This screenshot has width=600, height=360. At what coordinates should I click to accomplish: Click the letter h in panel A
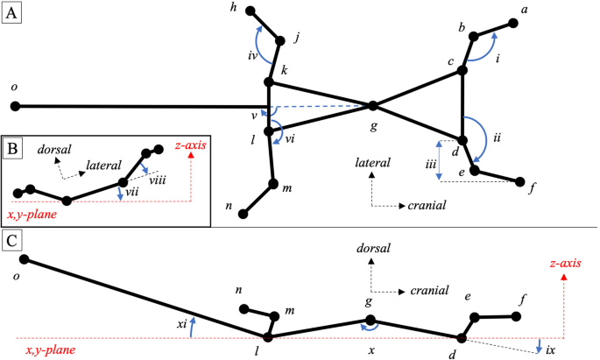point(233,7)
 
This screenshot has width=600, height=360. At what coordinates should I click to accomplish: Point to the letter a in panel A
point(526,9)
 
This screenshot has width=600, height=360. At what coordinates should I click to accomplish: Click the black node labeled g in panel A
point(372,106)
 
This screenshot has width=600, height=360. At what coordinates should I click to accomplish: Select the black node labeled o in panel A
point(15,107)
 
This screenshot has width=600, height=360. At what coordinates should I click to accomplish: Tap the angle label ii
point(497,138)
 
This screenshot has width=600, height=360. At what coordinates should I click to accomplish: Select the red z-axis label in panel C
point(562,263)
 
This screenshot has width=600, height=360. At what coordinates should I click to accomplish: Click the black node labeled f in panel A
point(521,184)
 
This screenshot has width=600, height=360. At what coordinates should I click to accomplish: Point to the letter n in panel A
point(229,207)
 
